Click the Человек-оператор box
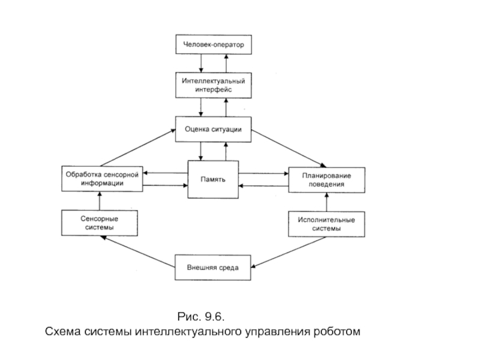(213, 44)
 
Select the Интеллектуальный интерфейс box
(213, 85)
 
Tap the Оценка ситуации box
(213, 129)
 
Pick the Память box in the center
(213, 179)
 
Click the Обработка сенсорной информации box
(102, 179)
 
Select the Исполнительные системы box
(326, 223)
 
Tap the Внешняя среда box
(213, 268)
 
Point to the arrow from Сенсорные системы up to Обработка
(100, 200)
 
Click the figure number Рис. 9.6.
(204, 316)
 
